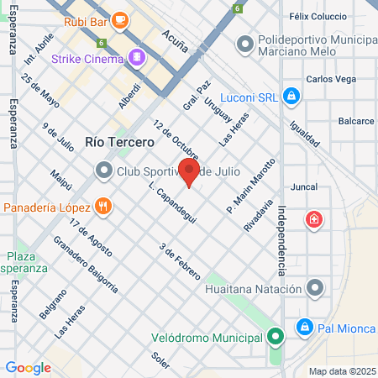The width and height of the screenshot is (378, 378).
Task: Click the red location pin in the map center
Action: click(x=190, y=172)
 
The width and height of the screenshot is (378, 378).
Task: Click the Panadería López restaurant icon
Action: click(x=102, y=206)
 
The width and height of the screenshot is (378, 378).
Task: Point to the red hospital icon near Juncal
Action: click(x=315, y=219)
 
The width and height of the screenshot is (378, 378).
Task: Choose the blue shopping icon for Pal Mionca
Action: click(x=305, y=327)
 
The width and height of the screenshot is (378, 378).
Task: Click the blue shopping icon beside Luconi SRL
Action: click(x=290, y=97)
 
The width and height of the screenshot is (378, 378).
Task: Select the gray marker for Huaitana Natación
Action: click(x=315, y=289)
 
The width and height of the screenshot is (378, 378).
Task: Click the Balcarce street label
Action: click(x=356, y=121)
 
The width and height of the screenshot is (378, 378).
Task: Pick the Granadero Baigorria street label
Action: click(x=85, y=262)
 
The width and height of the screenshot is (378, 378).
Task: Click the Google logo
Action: click(x=28, y=367)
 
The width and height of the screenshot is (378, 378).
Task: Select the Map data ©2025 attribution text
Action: click(x=340, y=371)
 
